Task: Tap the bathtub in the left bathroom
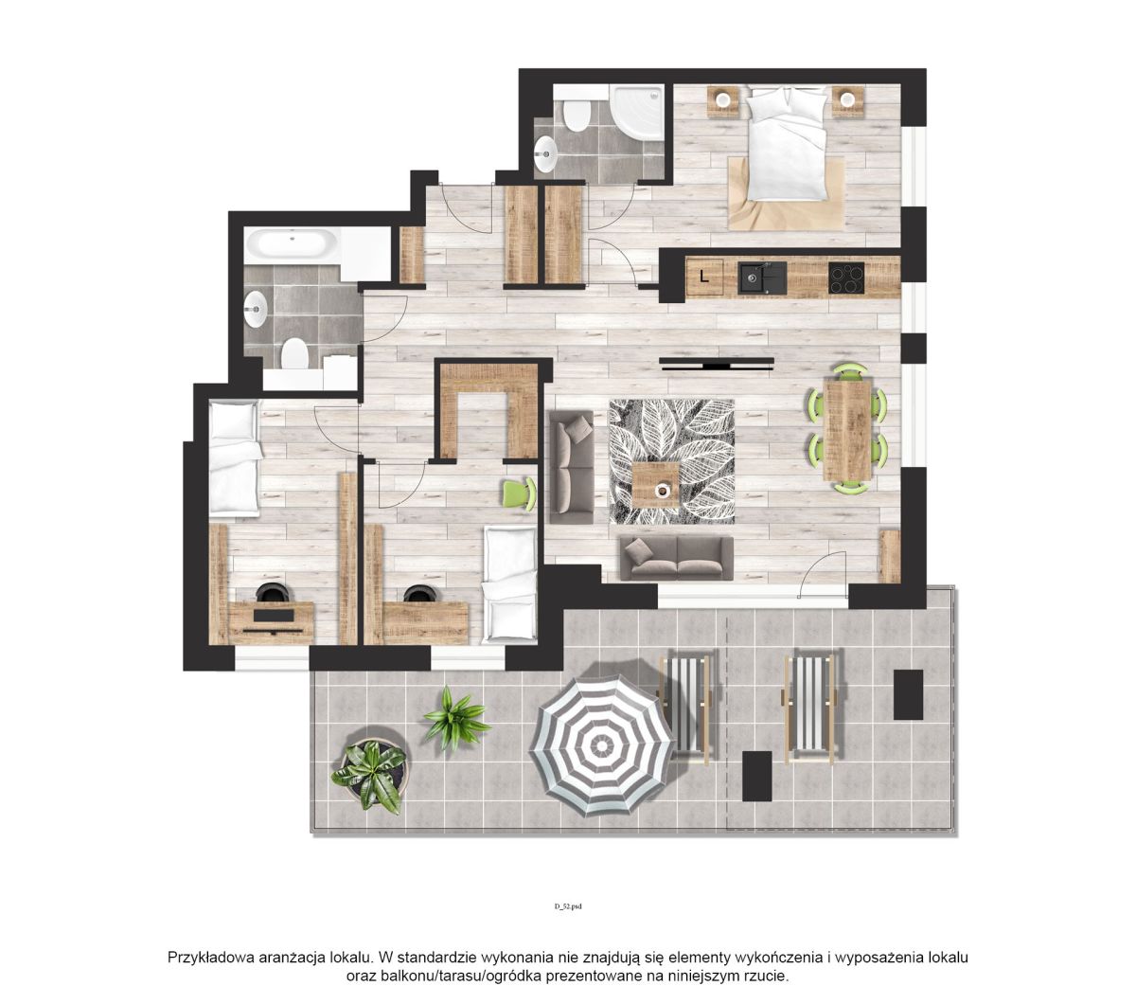pos(291,245)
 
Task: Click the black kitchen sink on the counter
pos(763,278)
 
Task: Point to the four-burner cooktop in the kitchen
pos(846,278)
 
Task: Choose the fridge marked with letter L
pos(704,277)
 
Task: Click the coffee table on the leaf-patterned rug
pos(655,485)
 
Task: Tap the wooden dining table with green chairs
pos(846,429)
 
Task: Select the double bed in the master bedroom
pos(788,144)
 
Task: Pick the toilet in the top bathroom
pos(577,113)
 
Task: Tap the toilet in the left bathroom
pos(294,353)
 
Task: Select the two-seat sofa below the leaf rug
pos(676,559)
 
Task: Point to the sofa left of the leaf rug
pos(571,467)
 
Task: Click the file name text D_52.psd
pos(568,905)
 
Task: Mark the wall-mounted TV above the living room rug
pos(716,365)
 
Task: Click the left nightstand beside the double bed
pos(724,101)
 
